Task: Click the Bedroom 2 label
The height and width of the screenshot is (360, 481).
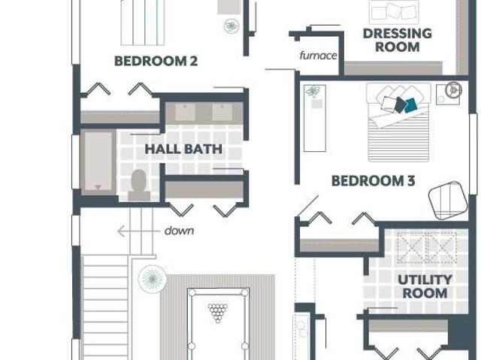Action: tap(156, 61)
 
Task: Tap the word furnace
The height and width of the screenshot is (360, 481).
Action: tap(318, 56)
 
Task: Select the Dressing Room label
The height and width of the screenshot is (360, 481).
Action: tap(398, 40)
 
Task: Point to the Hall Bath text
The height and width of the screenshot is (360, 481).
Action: tap(183, 149)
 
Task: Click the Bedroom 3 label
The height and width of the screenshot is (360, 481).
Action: tap(374, 180)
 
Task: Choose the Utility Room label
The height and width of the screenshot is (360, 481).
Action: tap(425, 286)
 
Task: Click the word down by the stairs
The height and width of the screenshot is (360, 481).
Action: tap(179, 231)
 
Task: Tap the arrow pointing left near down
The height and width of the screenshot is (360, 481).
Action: tap(138, 231)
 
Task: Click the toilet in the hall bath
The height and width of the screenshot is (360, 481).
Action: tap(139, 186)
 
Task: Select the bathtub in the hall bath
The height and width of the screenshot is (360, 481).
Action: tap(98, 162)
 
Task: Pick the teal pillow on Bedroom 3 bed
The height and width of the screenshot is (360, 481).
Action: tap(410, 105)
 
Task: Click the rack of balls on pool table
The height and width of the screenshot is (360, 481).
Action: tap(218, 313)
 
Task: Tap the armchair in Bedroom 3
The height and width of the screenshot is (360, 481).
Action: tap(448, 201)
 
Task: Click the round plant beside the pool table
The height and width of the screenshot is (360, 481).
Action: tap(153, 278)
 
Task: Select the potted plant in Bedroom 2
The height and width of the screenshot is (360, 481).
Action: tap(231, 26)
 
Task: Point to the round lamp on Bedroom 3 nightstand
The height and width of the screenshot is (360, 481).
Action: tap(454, 90)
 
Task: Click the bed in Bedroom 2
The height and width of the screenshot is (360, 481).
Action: tap(143, 23)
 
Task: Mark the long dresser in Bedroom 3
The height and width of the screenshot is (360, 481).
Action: tap(315, 118)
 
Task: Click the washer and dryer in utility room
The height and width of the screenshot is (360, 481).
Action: tap(427, 247)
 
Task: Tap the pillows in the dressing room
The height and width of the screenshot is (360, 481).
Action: tap(394, 12)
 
